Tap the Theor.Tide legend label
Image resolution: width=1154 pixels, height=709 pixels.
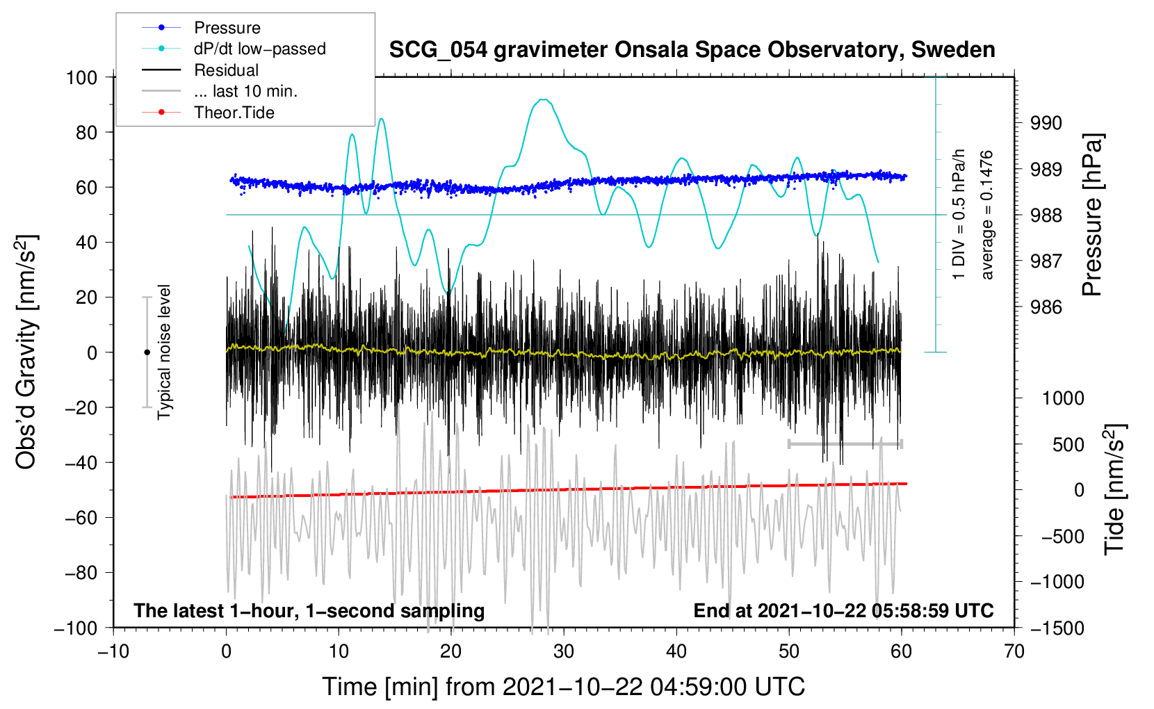pos(234,113)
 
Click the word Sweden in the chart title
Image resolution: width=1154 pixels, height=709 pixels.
pos(953,50)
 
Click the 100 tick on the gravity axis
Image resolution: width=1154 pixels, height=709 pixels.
pos(81,78)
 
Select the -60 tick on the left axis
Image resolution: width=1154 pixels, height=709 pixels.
pos(81,518)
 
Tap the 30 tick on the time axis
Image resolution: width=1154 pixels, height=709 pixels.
pos(564,652)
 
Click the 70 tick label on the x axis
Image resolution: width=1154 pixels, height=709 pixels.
pos(1014,652)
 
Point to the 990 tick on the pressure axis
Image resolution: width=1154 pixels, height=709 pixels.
pos(1046,123)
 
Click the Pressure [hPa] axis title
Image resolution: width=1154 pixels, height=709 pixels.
pos(1092,215)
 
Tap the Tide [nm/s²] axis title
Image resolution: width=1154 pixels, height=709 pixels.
pos(1115,489)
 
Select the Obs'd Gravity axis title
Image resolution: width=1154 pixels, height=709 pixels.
pos(26,352)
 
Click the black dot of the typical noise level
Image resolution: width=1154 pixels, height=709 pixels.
pos(147,352)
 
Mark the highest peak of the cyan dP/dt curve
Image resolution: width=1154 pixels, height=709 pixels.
pos(543,99)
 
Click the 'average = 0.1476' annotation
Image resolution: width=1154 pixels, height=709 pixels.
pos(986,215)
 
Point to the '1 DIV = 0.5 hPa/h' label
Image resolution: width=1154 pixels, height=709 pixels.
pos(958,215)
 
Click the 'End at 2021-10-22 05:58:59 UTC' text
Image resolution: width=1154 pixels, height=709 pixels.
pos(843,610)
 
